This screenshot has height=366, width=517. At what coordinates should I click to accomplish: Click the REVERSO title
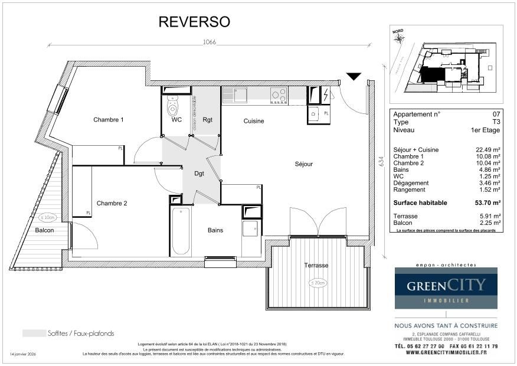(x=194, y=22)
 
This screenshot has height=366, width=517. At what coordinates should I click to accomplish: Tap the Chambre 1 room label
(x=109, y=120)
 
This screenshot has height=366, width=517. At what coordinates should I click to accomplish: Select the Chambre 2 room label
(x=112, y=203)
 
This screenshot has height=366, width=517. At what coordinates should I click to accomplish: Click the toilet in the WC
(x=173, y=107)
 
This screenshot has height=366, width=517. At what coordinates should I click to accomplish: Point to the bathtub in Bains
(x=181, y=231)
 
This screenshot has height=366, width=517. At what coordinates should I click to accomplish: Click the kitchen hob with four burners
(x=279, y=95)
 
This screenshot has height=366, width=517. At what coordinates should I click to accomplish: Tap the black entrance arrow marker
(x=354, y=76)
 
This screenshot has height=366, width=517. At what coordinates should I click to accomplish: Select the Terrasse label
(x=316, y=266)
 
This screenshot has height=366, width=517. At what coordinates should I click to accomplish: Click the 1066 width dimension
(x=209, y=42)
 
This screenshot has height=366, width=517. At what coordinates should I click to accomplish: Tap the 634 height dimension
(x=380, y=160)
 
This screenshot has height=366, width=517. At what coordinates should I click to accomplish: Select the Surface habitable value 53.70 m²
(x=487, y=202)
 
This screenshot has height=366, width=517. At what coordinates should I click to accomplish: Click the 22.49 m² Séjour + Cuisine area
(x=487, y=150)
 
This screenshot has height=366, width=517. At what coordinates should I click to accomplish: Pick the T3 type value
(x=496, y=122)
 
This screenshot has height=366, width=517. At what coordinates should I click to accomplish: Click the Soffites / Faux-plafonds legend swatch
(x=34, y=333)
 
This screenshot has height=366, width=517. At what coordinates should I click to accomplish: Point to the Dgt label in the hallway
(x=199, y=174)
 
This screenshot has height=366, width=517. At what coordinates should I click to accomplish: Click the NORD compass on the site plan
(x=400, y=37)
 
